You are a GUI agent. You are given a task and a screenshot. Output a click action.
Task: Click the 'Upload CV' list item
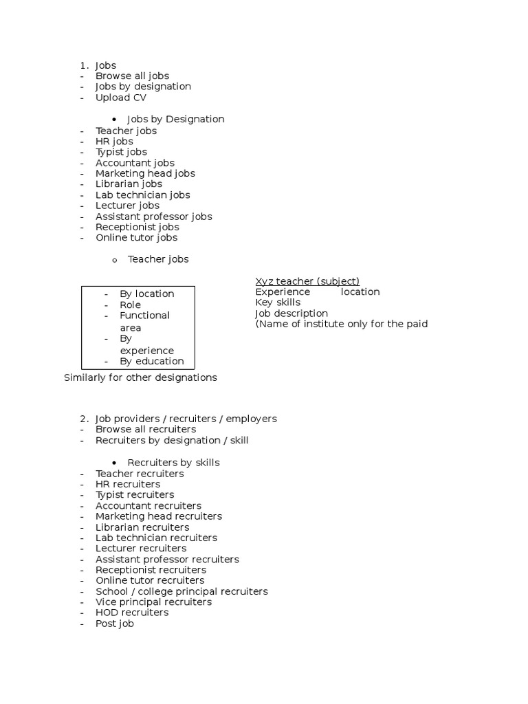click(120, 98)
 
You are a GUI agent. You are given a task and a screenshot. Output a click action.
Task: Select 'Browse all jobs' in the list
click(132, 76)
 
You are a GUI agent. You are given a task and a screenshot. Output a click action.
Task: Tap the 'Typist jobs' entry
click(121, 152)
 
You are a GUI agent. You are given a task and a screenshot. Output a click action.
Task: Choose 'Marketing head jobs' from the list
click(145, 173)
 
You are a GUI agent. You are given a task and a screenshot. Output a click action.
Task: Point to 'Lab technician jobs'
click(142, 195)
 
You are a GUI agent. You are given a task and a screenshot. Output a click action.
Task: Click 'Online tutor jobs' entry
click(136, 237)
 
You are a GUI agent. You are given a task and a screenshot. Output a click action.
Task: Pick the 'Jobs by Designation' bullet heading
click(175, 119)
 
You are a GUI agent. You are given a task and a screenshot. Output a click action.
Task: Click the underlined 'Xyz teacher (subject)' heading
click(307, 280)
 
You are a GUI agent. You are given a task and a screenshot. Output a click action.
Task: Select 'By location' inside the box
click(146, 294)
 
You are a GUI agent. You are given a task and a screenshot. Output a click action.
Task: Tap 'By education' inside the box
click(151, 361)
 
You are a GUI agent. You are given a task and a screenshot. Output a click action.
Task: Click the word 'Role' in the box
click(130, 305)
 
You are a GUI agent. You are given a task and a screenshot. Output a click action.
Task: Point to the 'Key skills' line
click(278, 302)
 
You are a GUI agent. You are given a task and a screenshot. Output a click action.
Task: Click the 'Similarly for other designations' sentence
click(140, 377)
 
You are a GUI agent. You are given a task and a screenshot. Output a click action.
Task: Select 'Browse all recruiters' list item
click(146, 429)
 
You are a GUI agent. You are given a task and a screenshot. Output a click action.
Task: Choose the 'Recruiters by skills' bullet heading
click(173, 463)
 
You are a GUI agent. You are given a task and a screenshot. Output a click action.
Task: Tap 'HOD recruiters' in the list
click(132, 613)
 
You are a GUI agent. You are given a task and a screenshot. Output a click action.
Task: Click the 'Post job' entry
click(115, 624)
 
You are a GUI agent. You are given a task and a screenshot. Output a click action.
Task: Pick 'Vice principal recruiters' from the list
click(153, 602)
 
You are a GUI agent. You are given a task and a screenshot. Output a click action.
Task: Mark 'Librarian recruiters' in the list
click(142, 527)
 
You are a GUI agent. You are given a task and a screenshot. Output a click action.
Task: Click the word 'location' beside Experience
click(360, 291)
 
